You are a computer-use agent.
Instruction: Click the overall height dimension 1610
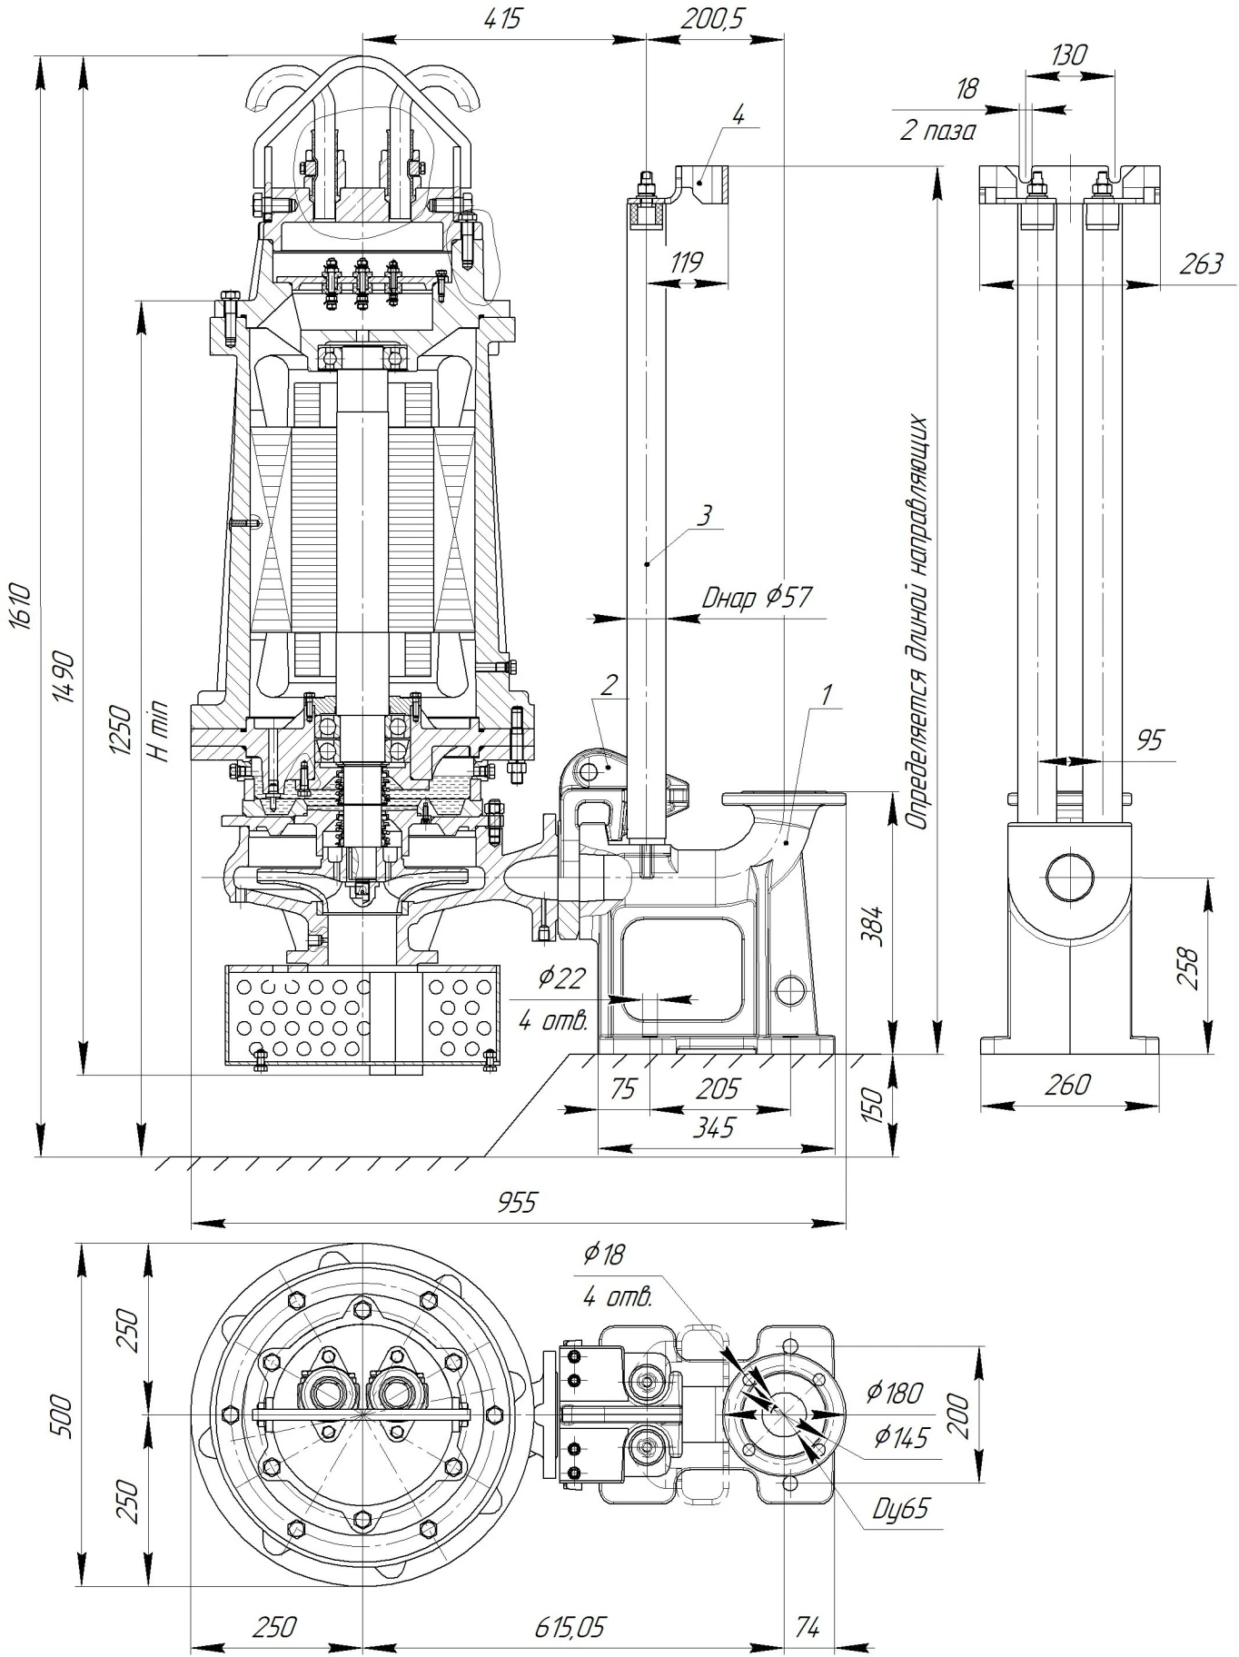(x=23, y=606)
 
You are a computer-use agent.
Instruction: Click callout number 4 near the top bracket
(x=738, y=115)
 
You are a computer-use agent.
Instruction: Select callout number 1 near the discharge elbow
(x=826, y=695)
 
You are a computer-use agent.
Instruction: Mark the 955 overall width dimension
(x=518, y=1202)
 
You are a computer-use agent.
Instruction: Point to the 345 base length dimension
(x=715, y=1127)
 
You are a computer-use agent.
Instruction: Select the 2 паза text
(x=938, y=132)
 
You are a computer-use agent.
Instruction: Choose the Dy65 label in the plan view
(x=900, y=1509)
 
